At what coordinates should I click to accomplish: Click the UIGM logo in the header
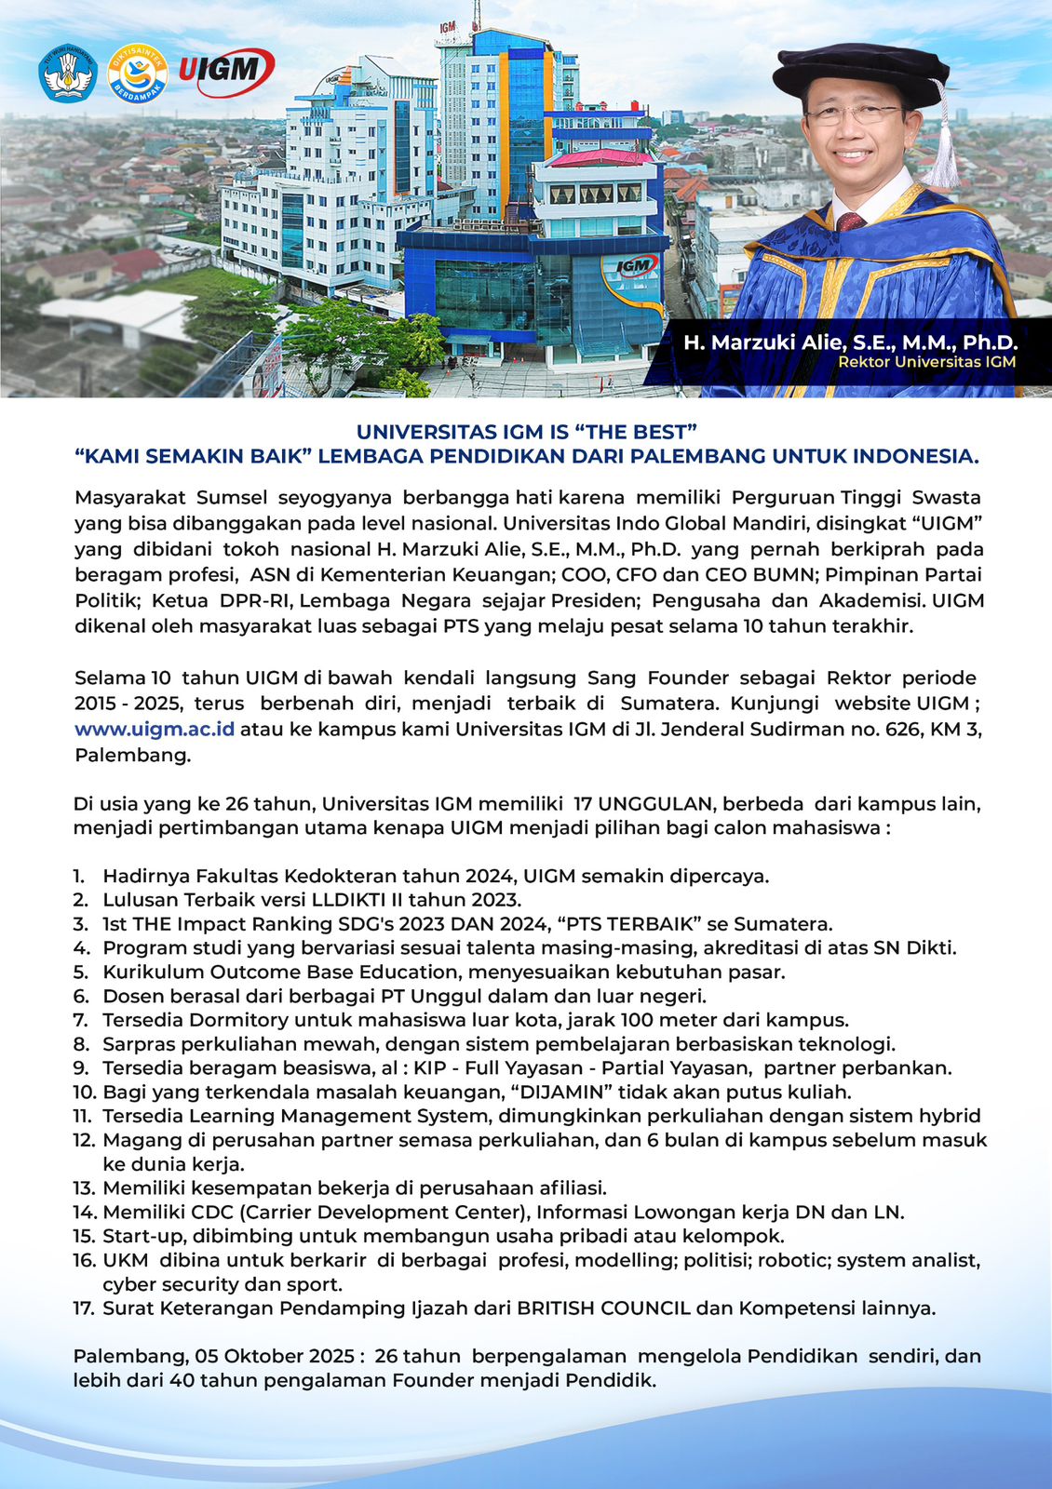[x=226, y=72]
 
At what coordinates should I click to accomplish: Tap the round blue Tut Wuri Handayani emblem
[x=68, y=73]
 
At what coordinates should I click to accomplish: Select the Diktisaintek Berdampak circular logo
[x=138, y=73]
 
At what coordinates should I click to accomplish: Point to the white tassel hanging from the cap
[x=944, y=149]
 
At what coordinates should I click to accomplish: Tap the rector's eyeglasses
[x=852, y=115]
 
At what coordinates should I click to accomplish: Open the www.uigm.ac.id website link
[x=155, y=730]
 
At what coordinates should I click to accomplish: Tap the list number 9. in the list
[x=81, y=1068]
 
